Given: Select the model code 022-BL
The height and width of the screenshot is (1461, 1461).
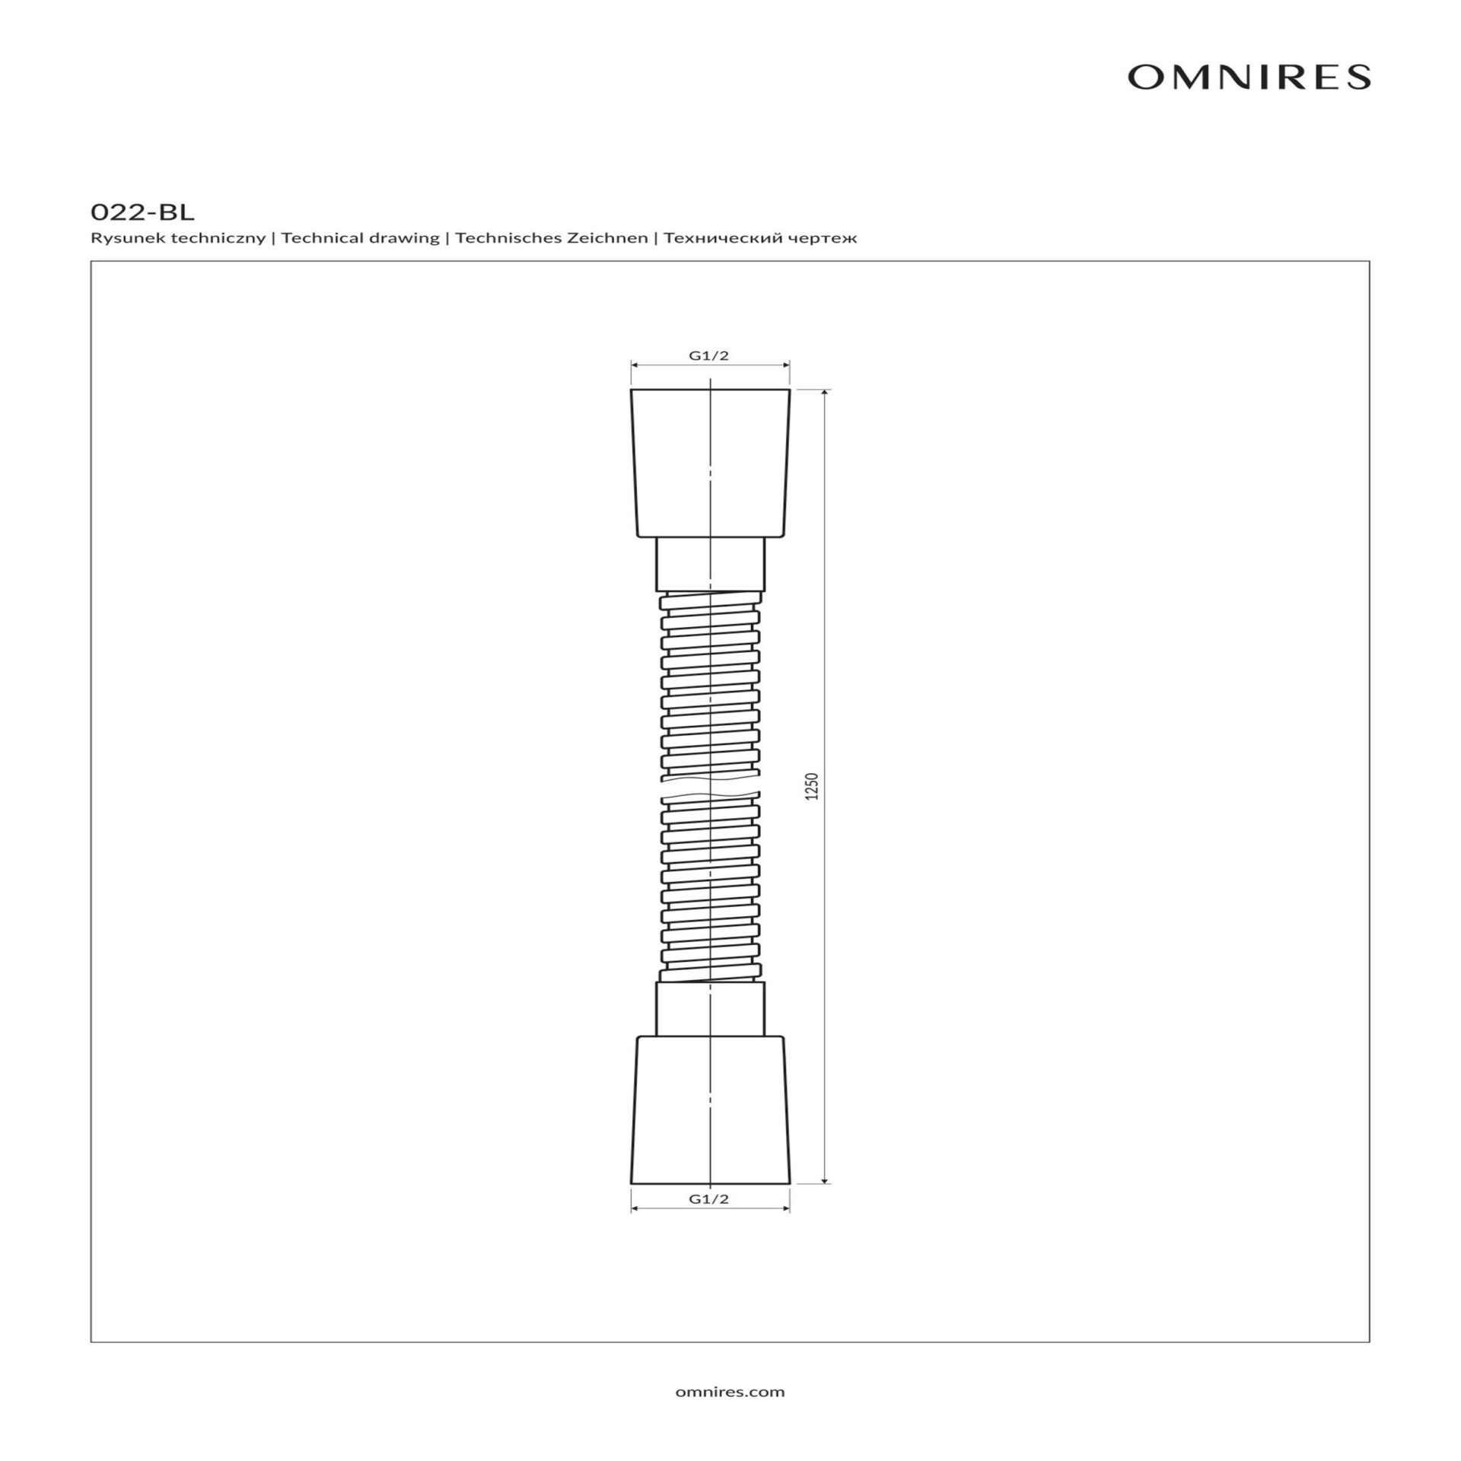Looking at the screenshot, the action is click(142, 212).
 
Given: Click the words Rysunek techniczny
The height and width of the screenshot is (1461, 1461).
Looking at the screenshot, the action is click(178, 238).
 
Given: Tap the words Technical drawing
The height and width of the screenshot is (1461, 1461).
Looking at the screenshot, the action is click(361, 238).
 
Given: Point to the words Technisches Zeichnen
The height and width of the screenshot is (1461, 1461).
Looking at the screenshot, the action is click(552, 238).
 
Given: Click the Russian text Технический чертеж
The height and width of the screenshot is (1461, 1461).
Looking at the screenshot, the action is click(760, 238).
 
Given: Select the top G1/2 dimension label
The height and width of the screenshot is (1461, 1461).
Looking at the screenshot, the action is click(709, 355).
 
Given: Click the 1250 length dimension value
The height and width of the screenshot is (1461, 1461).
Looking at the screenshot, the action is click(812, 786).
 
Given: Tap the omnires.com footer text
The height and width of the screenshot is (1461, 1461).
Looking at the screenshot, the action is click(730, 1392).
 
